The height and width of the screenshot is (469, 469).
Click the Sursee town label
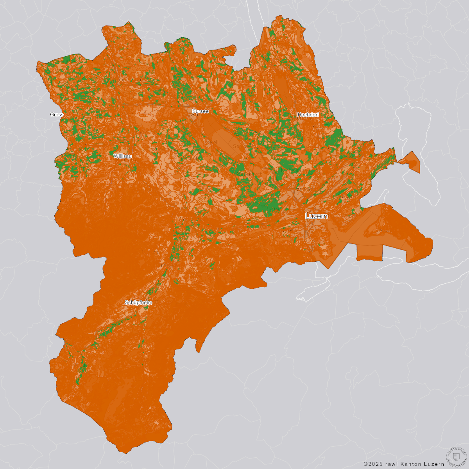click(200, 111)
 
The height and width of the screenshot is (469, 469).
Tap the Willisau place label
click(123, 156)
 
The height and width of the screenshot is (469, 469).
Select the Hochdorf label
click(308, 115)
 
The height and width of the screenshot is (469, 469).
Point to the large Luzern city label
click(316, 216)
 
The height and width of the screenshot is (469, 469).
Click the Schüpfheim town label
click(138, 303)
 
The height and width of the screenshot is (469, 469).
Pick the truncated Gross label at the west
click(57, 115)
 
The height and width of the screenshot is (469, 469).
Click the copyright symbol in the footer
click(366, 464)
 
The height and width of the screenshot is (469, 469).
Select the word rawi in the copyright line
click(392, 464)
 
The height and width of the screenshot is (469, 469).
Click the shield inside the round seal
click(456, 456)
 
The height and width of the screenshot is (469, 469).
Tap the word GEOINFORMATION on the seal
click(456, 464)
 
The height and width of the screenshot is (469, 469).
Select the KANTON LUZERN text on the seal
click(456, 449)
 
